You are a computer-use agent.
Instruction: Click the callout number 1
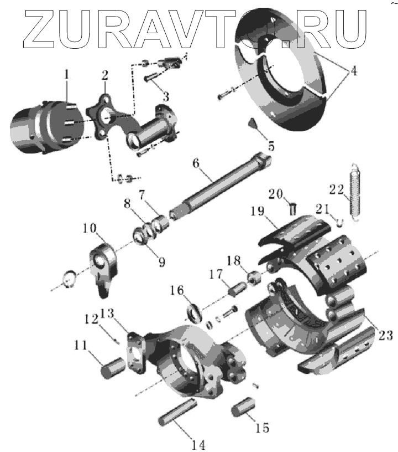click(66, 74)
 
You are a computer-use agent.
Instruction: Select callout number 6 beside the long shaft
click(196, 163)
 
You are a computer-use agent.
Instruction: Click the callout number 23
click(385, 335)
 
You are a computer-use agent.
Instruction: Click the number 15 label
click(262, 428)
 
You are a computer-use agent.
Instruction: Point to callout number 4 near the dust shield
click(353, 71)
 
